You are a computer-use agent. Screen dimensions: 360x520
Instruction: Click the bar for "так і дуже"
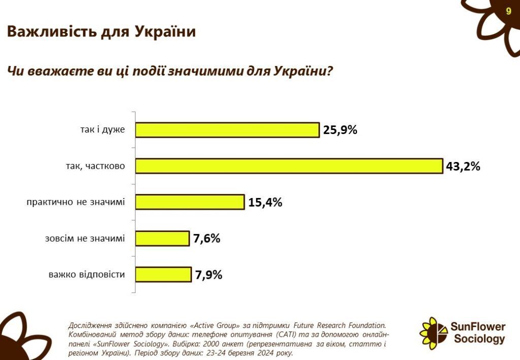point(227,130)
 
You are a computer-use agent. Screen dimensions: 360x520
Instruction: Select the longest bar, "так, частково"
point(288,166)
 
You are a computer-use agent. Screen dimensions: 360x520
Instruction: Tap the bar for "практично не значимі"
point(189,202)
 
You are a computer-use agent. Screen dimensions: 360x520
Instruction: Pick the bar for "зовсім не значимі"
point(162,238)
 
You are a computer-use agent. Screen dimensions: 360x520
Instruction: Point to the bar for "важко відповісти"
point(162,275)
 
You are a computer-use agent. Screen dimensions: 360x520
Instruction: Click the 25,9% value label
point(340,130)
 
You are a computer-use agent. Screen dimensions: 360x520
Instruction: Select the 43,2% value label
point(463,166)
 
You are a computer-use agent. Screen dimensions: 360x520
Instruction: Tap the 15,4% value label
point(265,202)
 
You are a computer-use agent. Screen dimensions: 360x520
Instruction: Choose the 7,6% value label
point(207,238)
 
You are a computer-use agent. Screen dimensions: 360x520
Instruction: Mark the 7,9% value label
point(208,275)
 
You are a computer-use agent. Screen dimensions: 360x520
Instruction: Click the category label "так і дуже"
point(102,130)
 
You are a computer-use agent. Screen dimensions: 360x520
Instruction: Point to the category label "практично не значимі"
point(76,202)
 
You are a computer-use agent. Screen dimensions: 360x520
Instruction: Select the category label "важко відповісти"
point(87,275)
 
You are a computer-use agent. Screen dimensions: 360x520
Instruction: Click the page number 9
point(508,11)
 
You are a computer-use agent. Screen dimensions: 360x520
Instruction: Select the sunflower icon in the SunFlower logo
point(433,333)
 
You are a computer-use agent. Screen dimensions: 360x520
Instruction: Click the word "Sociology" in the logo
point(479,339)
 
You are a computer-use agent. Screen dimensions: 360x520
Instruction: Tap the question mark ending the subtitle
point(329,71)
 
